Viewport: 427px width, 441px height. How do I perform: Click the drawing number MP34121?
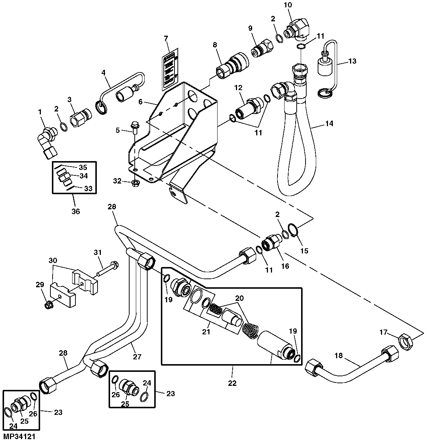point(20,437)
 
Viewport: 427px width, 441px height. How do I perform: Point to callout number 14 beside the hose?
point(329,124)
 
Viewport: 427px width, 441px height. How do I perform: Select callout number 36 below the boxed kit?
point(75,211)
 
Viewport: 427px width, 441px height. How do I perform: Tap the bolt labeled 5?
point(135,127)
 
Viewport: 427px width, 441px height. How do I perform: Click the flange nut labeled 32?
point(135,182)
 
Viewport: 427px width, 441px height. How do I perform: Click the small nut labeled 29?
point(47,305)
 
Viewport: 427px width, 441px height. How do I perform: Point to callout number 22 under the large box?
point(232,383)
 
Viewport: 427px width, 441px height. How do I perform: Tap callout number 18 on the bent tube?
point(338,356)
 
